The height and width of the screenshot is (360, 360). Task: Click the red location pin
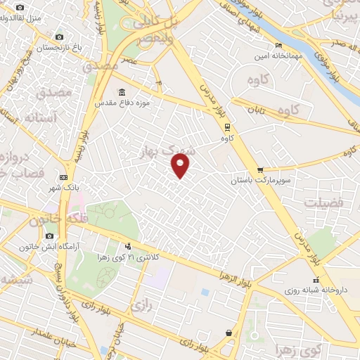[181, 166]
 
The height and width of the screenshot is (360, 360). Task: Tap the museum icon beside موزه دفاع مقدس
[122, 93]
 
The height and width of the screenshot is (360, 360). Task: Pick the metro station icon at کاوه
[227, 127]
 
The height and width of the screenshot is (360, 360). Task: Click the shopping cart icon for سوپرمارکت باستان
[259, 169]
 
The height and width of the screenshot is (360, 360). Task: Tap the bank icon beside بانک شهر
[64, 176]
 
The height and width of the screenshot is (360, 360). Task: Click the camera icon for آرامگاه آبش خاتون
[49, 236]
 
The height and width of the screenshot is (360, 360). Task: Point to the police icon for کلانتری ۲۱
[128, 246]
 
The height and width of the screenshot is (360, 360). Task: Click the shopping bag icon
[229, 333]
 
